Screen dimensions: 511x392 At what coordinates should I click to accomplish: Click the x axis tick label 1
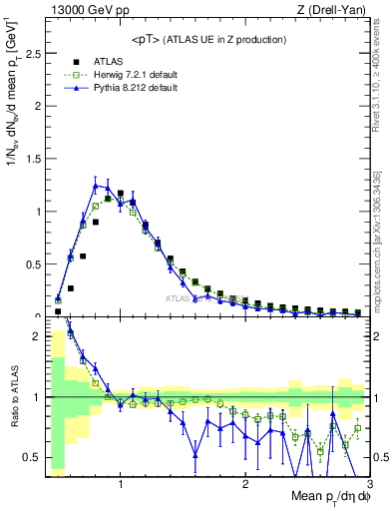pyautogui.click(x=121, y=484)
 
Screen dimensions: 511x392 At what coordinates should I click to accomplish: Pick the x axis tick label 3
pyautogui.click(x=368, y=484)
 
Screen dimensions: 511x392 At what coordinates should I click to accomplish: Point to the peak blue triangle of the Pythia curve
pyautogui.click(x=96, y=185)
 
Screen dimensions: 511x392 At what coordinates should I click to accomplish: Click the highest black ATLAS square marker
pyautogui.click(x=121, y=194)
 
